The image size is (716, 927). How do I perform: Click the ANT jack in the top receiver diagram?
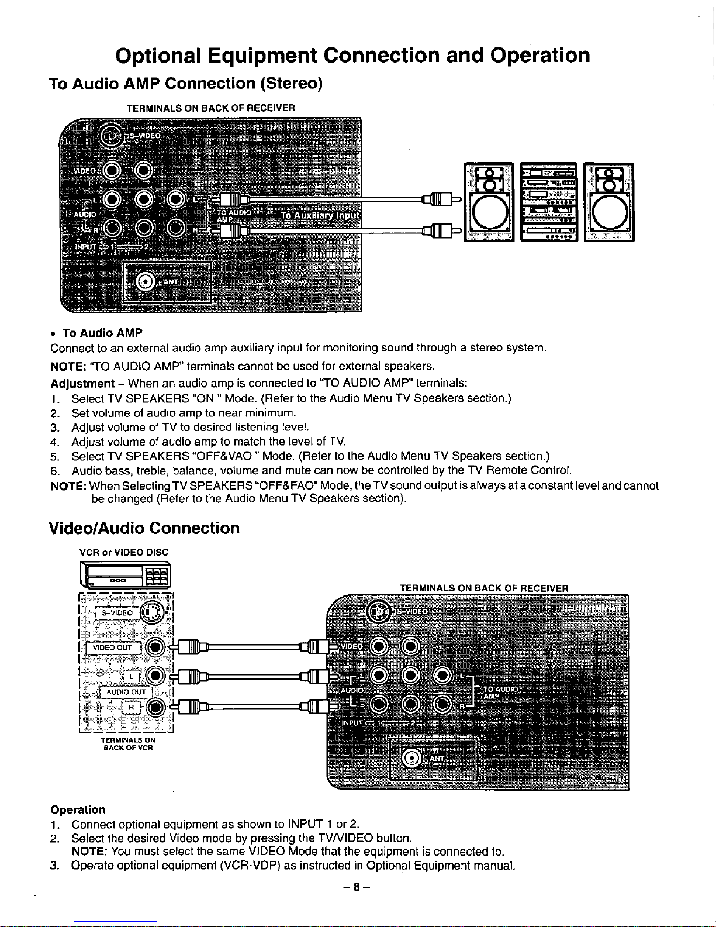145,282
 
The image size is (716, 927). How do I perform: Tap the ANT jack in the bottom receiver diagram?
413,759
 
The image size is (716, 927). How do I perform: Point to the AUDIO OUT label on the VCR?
126,692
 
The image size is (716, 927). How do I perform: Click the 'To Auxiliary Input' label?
320,216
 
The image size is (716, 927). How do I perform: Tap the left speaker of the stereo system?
487,202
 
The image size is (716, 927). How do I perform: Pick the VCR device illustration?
125,574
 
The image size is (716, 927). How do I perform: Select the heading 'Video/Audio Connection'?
145,528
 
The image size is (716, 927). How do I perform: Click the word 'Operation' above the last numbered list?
78,809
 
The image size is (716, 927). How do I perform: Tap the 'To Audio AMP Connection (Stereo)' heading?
186,84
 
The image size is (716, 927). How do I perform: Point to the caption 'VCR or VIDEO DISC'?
123,552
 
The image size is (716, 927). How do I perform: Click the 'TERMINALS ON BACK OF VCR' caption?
127,743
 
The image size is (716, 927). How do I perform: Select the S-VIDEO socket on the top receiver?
109,137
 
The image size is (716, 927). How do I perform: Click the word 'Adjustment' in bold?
82,384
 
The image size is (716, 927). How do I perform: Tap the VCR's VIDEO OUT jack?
155,647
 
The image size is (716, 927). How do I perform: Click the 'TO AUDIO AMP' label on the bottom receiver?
500,692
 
